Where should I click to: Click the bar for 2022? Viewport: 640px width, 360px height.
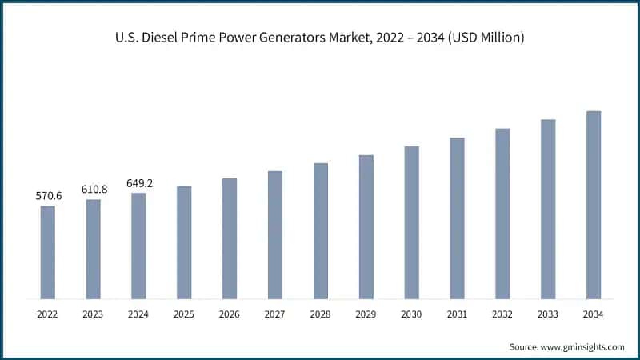click(x=48, y=252)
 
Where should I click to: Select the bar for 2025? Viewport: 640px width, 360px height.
click(x=184, y=242)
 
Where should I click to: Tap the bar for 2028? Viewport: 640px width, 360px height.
click(x=321, y=230)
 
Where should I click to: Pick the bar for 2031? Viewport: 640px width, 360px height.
click(x=457, y=218)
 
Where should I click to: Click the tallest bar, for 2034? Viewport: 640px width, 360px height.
click(x=594, y=205)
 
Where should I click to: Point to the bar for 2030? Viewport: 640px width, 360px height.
click(x=411, y=222)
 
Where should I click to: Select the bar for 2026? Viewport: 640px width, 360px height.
click(x=230, y=238)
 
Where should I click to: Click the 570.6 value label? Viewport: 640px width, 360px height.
click(x=48, y=195)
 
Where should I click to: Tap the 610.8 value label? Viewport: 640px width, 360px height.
click(x=94, y=188)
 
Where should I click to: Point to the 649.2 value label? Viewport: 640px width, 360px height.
click(x=139, y=183)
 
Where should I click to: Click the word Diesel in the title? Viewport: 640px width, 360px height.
click(x=158, y=38)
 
